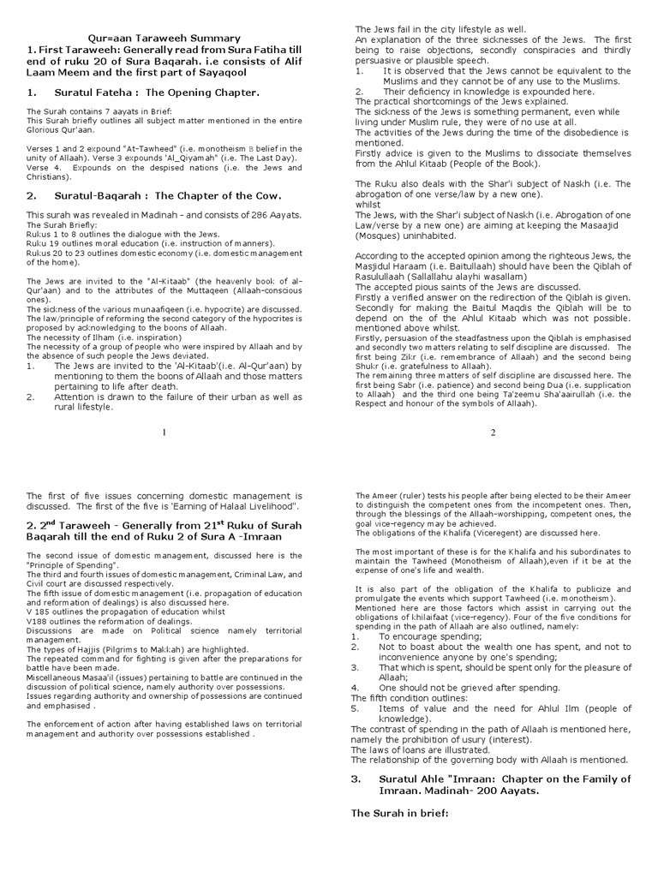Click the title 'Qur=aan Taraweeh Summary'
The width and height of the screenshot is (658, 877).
point(165,38)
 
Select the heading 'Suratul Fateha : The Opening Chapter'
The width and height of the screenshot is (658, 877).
point(143,92)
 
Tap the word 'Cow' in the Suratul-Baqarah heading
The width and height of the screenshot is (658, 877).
point(261,195)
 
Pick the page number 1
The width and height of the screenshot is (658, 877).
point(164,433)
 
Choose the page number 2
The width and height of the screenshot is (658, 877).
point(493,433)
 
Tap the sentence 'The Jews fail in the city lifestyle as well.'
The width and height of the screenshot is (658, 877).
point(440,30)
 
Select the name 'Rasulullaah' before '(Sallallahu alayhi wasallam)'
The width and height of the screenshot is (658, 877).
point(381,277)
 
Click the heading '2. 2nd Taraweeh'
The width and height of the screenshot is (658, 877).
point(77,524)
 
